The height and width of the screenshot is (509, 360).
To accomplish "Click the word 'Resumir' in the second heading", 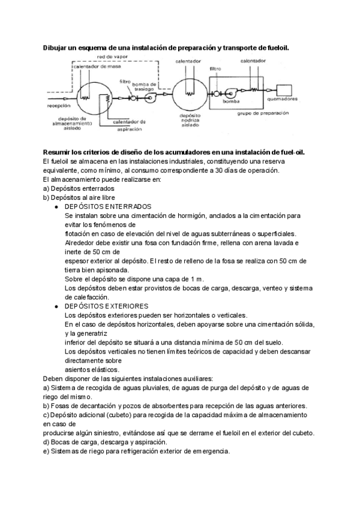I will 59,152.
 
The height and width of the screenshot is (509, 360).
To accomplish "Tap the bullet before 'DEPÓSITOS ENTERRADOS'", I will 56,206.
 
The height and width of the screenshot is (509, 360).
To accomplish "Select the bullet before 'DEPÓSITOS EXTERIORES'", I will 56,306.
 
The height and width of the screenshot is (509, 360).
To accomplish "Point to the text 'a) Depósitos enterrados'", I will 78,188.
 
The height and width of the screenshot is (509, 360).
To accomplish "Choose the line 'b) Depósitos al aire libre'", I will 81,197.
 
